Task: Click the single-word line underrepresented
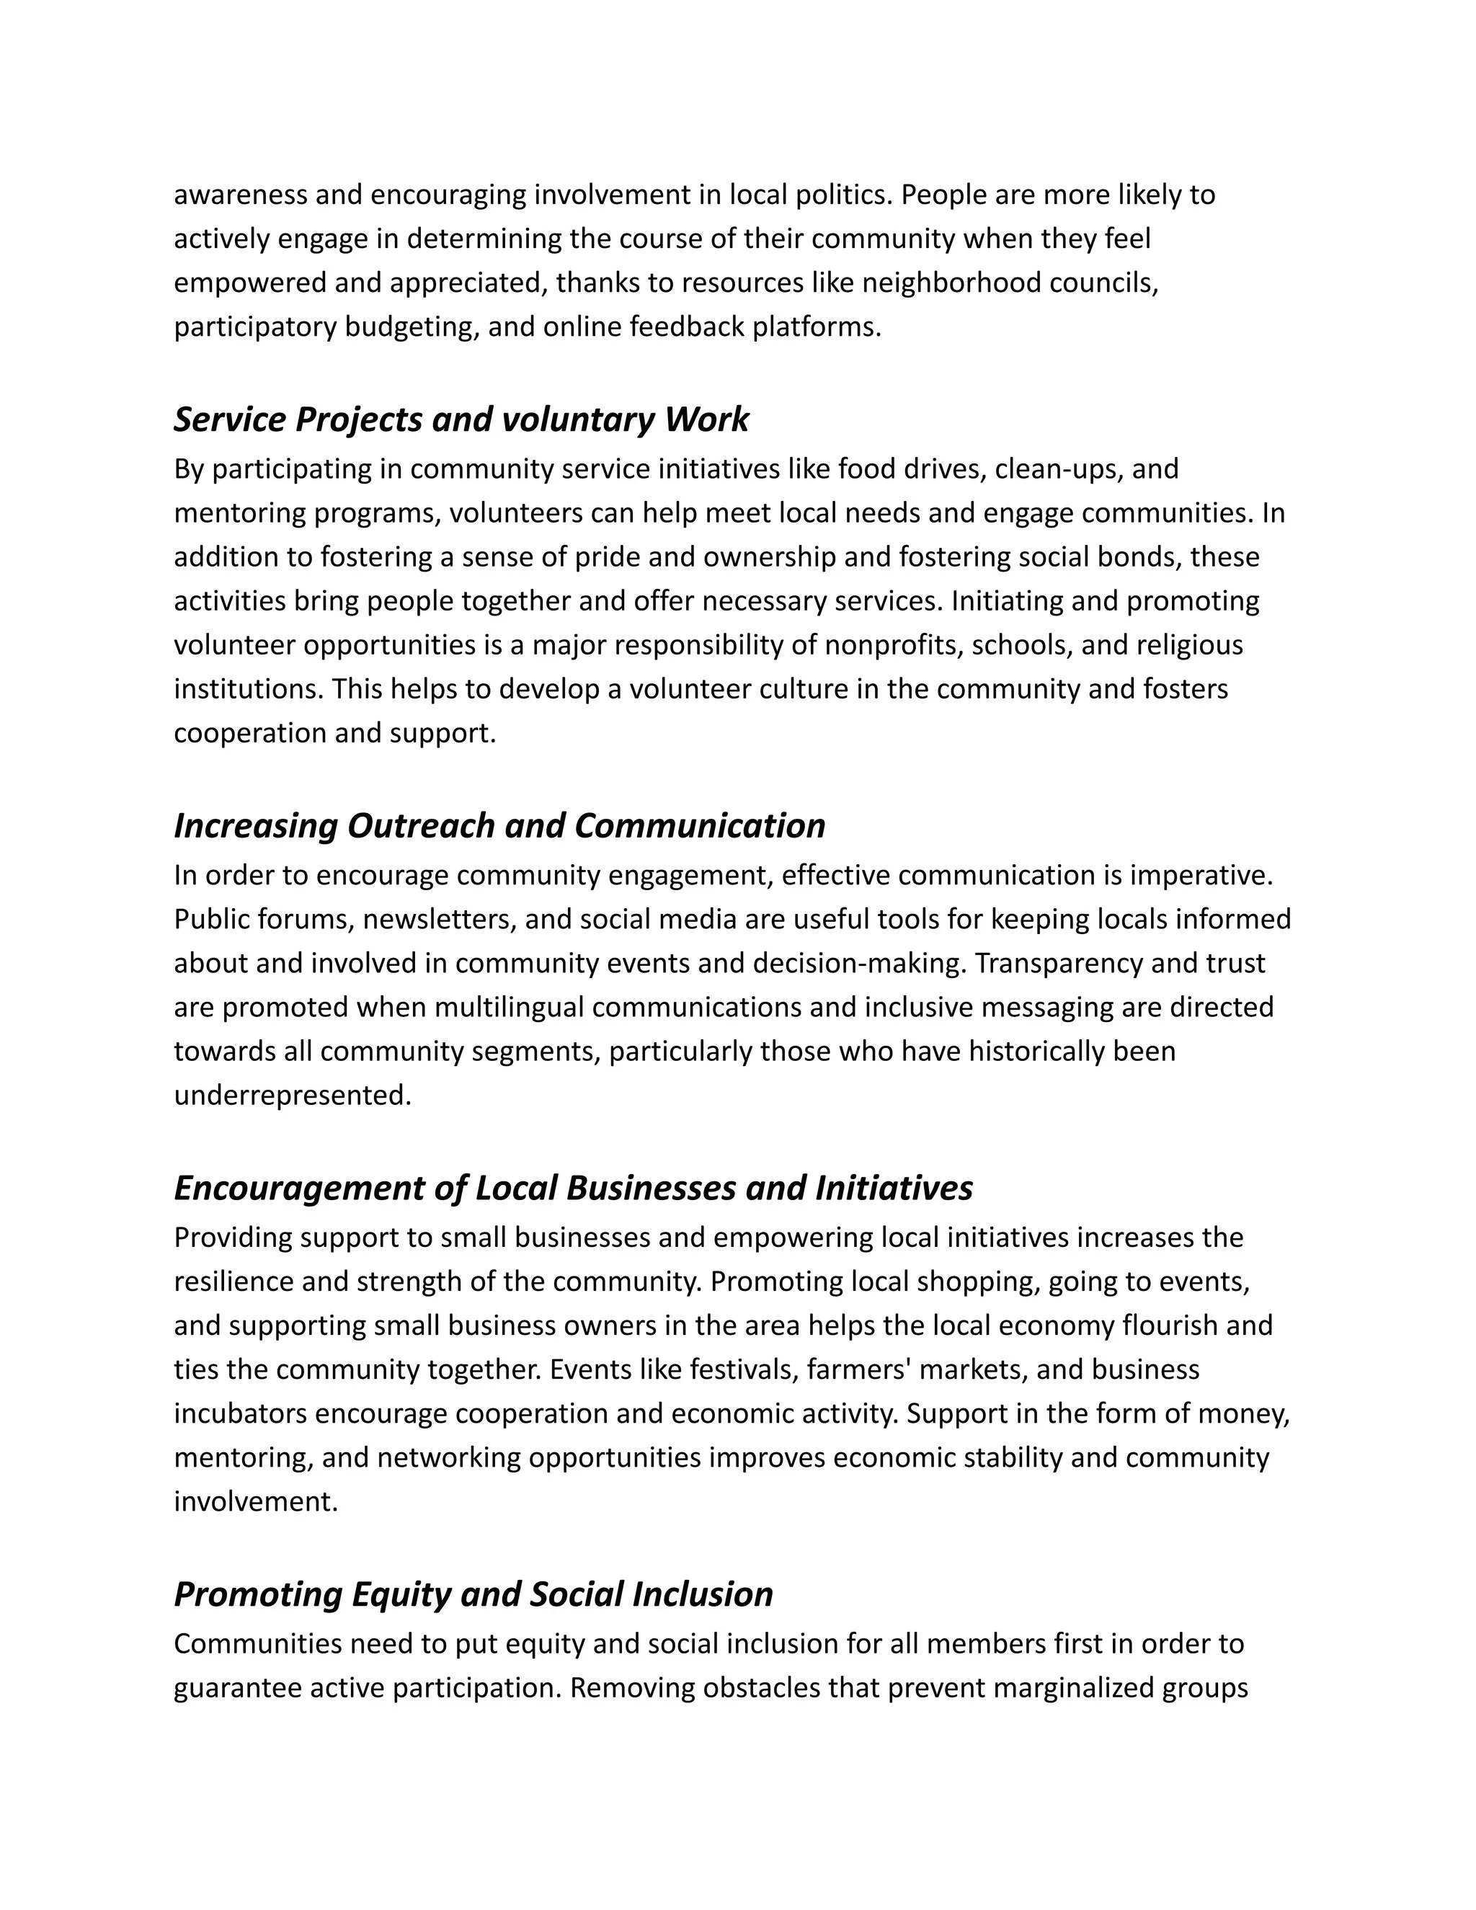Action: point(292,1096)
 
